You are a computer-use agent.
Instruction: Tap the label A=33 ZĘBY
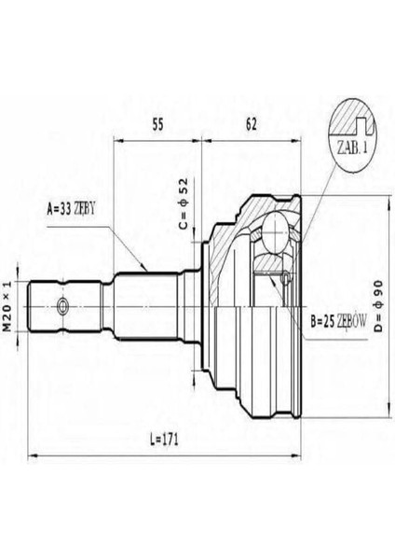click(x=72, y=209)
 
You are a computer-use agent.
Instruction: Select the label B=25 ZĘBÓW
click(x=338, y=322)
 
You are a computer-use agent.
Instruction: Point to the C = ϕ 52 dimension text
click(x=183, y=203)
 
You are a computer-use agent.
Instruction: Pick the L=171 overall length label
click(x=164, y=440)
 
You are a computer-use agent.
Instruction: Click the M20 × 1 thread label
click(x=7, y=306)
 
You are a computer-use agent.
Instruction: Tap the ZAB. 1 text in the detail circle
click(x=352, y=147)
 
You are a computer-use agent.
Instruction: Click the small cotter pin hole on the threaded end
click(x=62, y=305)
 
